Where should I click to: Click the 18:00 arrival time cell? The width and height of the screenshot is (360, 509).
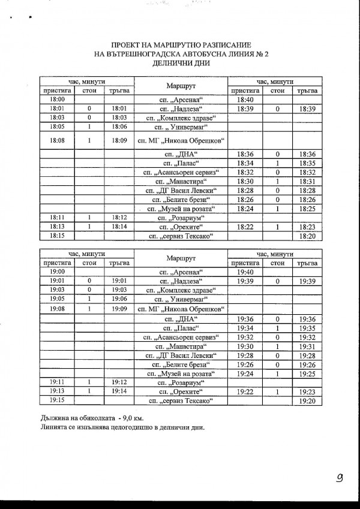[x=58, y=100]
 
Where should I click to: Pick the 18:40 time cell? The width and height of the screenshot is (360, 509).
[x=246, y=100]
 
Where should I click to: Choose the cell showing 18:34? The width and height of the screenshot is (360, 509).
[x=246, y=162]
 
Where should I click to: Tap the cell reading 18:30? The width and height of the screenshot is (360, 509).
[x=246, y=181]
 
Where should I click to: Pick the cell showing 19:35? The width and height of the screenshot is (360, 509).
[x=307, y=328]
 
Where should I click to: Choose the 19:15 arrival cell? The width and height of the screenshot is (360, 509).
[x=58, y=399]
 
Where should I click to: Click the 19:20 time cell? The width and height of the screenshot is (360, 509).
[x=307, y=399]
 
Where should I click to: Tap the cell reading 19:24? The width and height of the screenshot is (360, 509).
[x=246, y=374]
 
